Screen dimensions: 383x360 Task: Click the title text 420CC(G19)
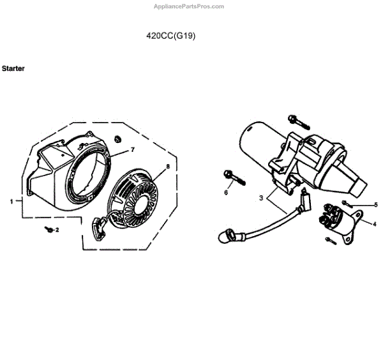coord(171,36)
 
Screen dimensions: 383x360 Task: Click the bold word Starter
coord(13,68)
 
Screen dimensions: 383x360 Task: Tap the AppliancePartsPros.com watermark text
coord(189,6)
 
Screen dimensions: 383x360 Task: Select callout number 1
coord(11,201)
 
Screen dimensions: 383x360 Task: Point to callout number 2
coord(57,230)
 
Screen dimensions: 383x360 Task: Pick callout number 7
coord(133,149)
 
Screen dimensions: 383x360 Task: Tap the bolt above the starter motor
coord(296,119)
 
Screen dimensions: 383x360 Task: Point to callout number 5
coord(375,204)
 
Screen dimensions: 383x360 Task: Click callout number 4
coord(374,223)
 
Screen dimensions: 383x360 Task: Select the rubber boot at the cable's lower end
coord(227,237)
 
